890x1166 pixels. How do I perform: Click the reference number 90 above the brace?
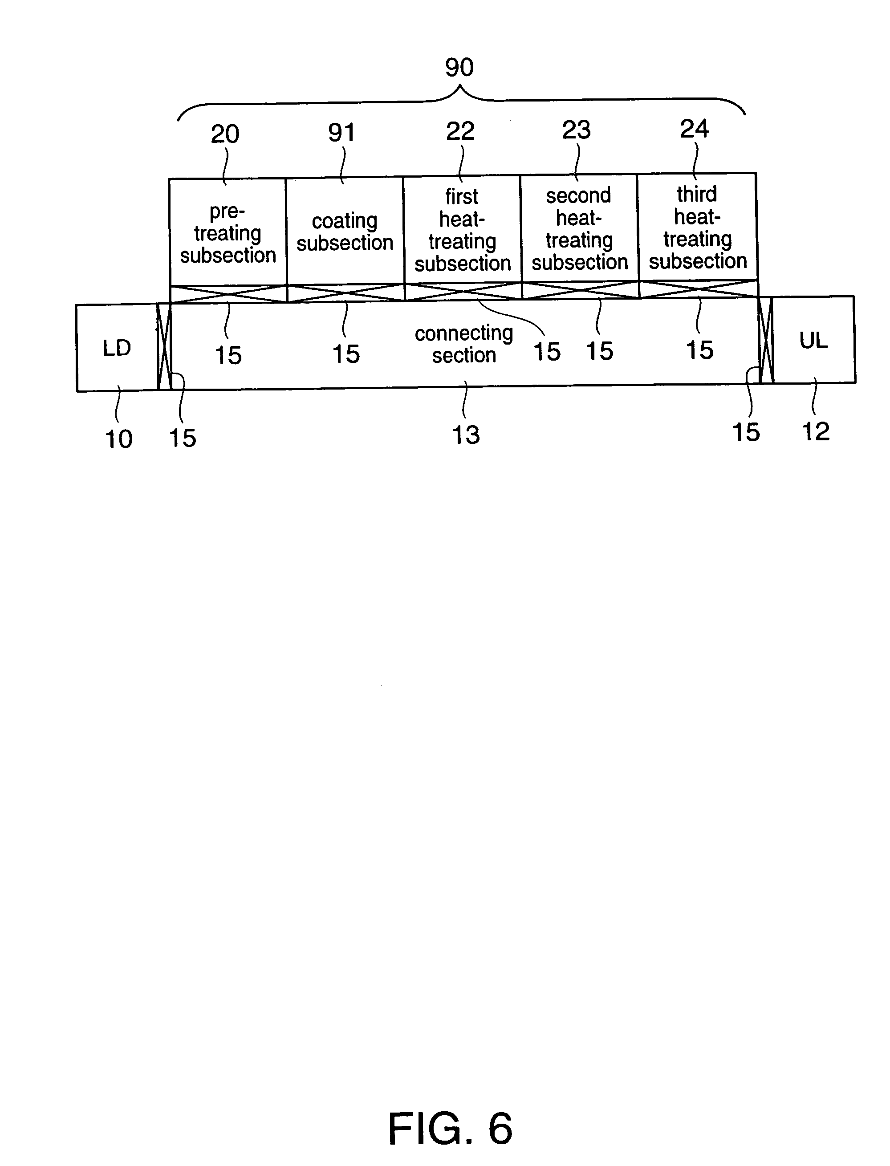(x=459, y=67)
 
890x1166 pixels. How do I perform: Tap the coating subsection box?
(x=345, y=232)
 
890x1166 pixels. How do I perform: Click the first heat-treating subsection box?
(x=462, y=229)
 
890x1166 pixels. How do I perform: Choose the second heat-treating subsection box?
(x=579, y=228)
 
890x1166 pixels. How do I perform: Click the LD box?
(x=117, y=348)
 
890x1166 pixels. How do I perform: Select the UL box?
(x=813, y=340)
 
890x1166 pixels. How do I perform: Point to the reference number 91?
(x=341, y=132)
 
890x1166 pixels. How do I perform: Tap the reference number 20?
(x=225, y=134)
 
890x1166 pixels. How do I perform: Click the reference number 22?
(x=460, y=131)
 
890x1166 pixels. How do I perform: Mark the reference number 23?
(x=577, y=130)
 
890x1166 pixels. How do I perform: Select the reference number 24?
(x=694, y=129)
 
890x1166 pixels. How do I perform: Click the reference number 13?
(x=466, y=435)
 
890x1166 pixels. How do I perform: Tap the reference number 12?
(x=815, y=432)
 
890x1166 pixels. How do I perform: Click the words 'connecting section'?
(x=463, y=344)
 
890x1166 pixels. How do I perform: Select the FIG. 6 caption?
(x=450, y=1129)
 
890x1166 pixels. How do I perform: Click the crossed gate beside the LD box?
(x=164, y=347)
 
